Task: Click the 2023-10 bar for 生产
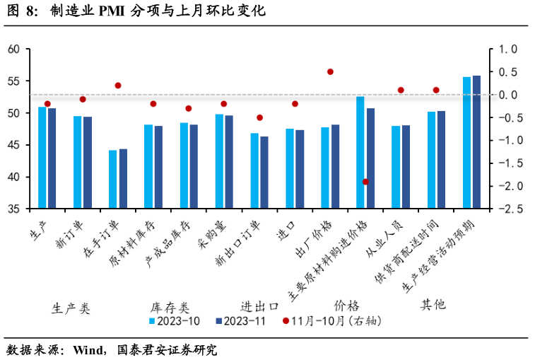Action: pos(42,158)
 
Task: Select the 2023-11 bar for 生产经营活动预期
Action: pos(476,142)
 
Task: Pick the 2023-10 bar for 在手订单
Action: pos(113,180)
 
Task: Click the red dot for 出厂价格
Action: pos(330,71)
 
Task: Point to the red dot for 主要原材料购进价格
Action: pos(365,182)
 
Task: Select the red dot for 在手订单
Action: pos(118,86)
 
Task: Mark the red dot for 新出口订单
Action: pos(259,117)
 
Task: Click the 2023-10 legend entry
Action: pos(174,320)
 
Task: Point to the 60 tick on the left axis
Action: pos(13,50)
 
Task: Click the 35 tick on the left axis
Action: pos(13,209)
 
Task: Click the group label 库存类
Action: pos(170,308)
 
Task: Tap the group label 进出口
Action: pos(259,306)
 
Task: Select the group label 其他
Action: pos(433,305)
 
